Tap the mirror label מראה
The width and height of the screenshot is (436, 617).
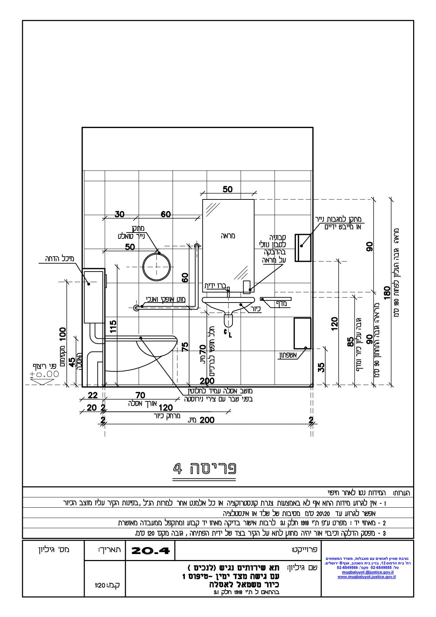229,236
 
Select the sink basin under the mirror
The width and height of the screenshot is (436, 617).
228,303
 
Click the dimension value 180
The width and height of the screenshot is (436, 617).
387,292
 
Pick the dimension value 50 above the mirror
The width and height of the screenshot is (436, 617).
227,189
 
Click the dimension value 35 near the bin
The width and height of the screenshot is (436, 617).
321,367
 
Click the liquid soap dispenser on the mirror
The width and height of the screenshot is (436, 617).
247,286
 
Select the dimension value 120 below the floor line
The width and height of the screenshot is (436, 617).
166,408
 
